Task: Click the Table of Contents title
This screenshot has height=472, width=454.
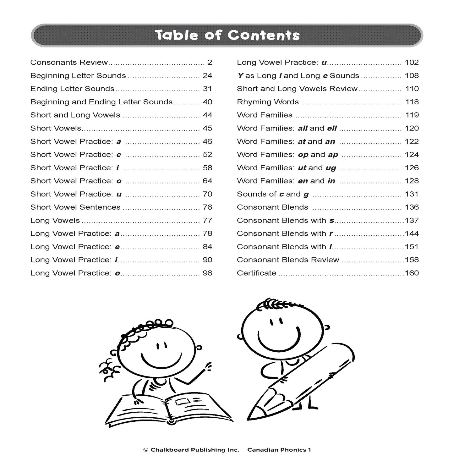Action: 227,35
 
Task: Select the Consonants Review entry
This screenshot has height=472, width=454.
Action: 69,62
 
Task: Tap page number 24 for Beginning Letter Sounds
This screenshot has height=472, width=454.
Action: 207,75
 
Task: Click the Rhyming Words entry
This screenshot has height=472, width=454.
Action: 268,102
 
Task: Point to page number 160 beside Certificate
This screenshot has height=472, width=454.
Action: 412,273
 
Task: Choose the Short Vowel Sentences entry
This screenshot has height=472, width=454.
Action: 75,207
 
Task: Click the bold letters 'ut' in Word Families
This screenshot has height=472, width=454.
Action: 302,168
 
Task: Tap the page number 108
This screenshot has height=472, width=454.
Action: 412,75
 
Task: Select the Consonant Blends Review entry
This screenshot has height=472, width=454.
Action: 288,260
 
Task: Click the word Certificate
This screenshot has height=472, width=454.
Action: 256,273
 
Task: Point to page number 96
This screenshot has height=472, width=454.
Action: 207,273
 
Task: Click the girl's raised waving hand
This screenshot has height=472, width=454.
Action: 208,366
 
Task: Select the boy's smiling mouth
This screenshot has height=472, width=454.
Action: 279,339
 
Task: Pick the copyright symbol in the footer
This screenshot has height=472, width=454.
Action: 145,450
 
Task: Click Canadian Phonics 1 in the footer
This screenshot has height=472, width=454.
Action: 279,450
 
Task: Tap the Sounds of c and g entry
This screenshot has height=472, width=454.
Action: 273,194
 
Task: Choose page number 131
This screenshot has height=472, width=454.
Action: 412,194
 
